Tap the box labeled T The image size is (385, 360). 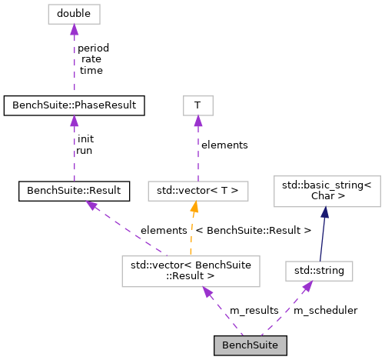click(197, 102)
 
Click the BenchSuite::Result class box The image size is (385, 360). click(74, 188)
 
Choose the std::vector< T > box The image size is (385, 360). click(198, 188)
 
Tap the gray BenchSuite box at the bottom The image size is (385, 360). click(250, 345)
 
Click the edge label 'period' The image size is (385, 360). click(93, 48)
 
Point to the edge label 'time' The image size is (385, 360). click(91, 70)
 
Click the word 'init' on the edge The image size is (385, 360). click(85, 139)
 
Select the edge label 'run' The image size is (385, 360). click(84, 151)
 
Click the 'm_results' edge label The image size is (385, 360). click(255, 310)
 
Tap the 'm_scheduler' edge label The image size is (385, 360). click(325, 310)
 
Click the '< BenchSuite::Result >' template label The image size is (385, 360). click(253, 230)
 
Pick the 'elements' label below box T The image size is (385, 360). click(224, 145)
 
